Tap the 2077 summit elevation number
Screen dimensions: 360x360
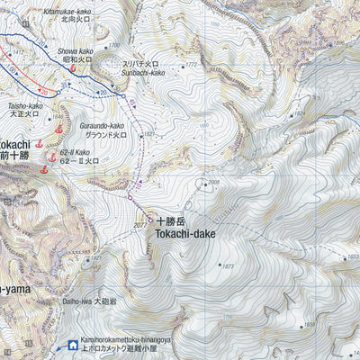(139, 223)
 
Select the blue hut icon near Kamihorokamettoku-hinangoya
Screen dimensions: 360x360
(73, 343)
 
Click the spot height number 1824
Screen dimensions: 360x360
(149, 133)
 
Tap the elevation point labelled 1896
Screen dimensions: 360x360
(338, 41)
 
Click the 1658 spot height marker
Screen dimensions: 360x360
(310, 323)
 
